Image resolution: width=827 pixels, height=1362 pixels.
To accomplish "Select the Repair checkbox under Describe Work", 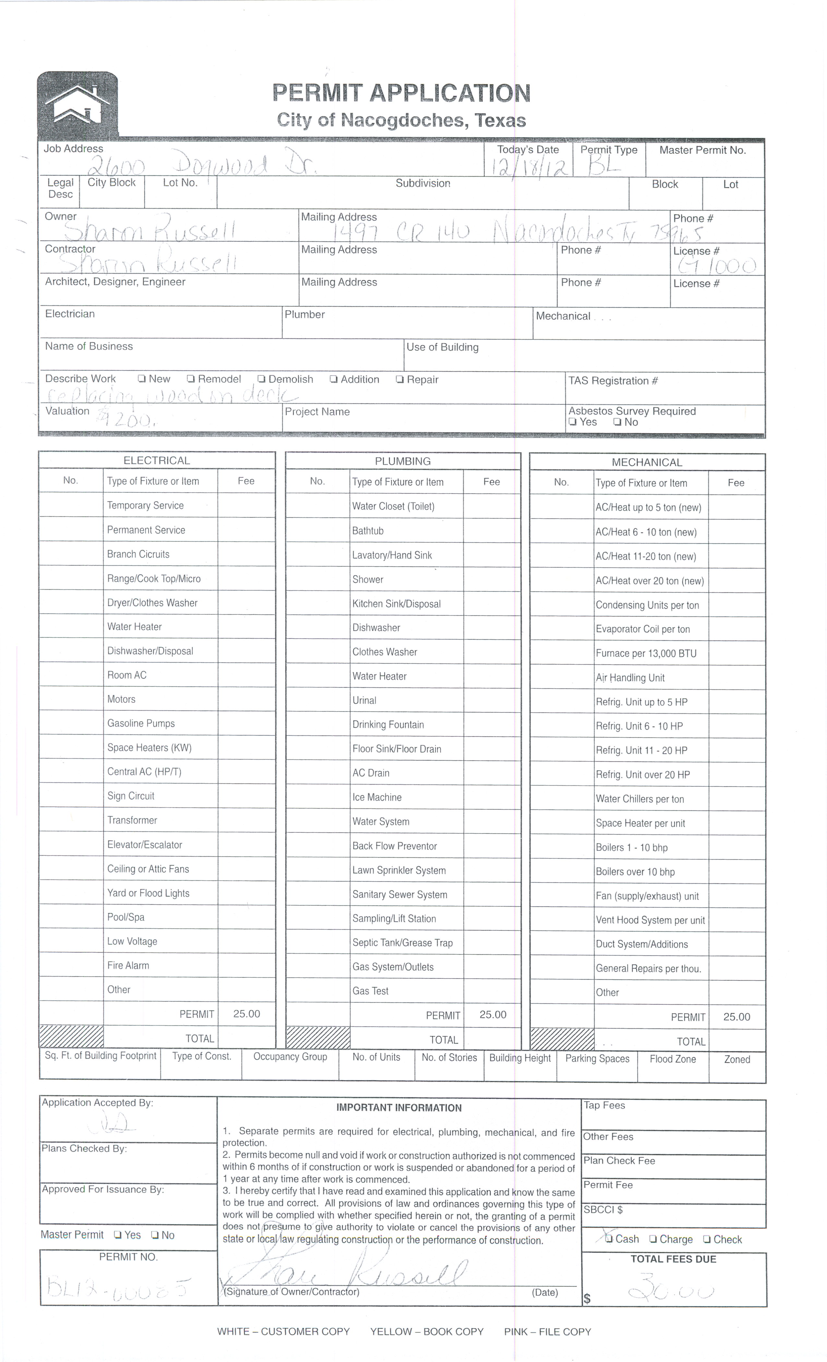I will (400, 379).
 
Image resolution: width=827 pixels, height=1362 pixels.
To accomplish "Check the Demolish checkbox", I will (261, 379).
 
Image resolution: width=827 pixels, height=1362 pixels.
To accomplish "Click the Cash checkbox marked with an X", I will (609, 1239).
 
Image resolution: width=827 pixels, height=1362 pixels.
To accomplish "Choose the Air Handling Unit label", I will (629, 678).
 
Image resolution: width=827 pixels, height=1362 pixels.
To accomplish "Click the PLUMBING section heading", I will (402, 461).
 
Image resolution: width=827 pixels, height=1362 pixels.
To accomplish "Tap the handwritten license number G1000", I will (717, 267).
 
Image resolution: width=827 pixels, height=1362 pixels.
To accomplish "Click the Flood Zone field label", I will (672, 1058).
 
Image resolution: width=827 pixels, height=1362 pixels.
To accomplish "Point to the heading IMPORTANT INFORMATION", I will (399, 1107).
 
